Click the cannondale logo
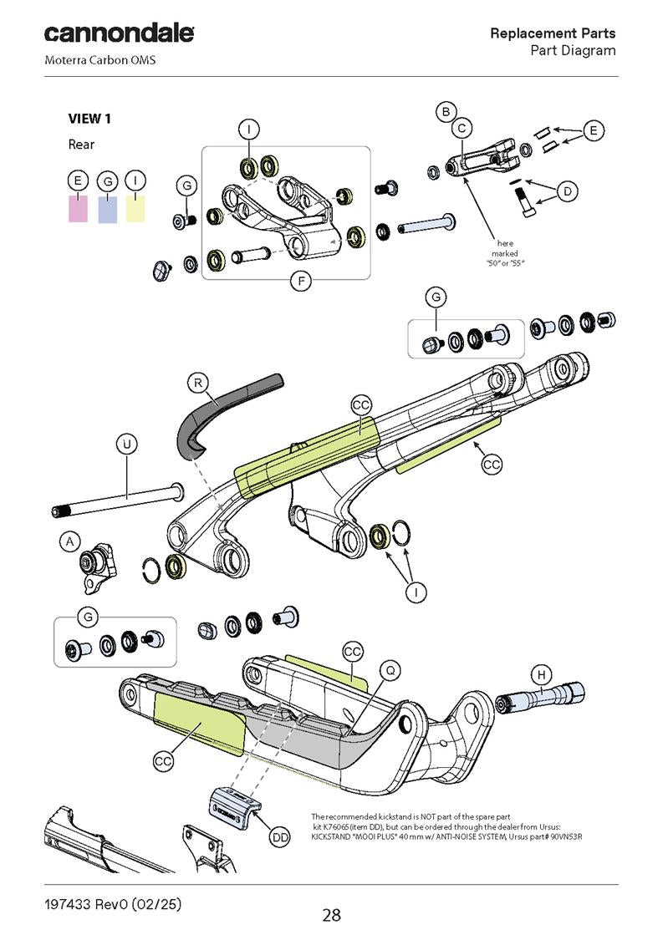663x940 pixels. [119, 34]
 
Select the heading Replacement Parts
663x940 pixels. [553, 33]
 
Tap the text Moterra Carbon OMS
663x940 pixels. [99, 60]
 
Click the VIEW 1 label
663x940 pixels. [89, 119]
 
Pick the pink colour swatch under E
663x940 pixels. [78, 207]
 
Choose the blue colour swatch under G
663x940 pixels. [107, 207]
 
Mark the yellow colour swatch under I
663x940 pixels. [135, 207]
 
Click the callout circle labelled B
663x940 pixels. [446, 111]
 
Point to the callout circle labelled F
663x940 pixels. [300, 281]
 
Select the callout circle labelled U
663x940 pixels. [126, 444]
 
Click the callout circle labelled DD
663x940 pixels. [280, 836]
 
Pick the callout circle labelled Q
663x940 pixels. [390, 669]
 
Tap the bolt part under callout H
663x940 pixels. [540, 695]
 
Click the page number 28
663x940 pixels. [332, 915]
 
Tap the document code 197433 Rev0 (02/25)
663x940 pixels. [113, 905]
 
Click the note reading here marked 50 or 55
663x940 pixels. [505, 253]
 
